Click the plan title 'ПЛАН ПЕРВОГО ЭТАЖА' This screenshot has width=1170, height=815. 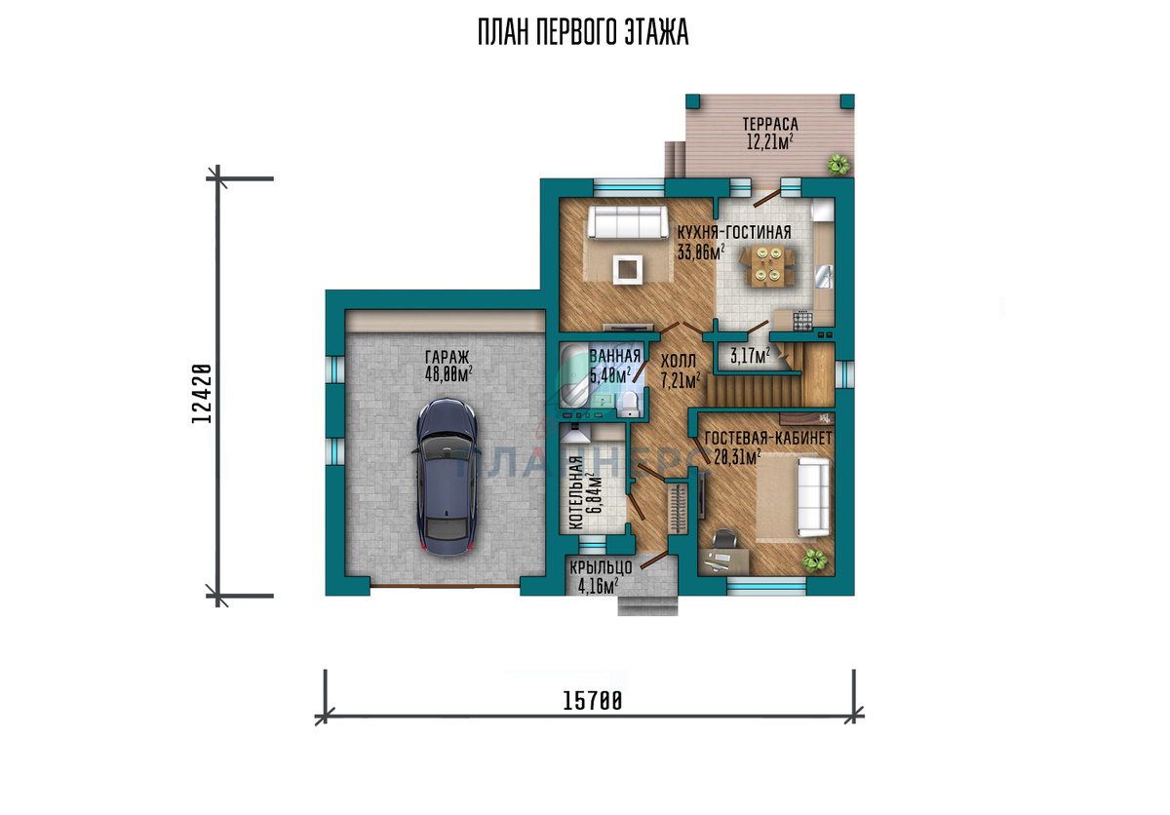pos(583,32)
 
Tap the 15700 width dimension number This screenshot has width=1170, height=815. pos(593,701)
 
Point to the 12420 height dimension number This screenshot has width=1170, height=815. pos(202,394)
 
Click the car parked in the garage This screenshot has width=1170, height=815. pos(448,476)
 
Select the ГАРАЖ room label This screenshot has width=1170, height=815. pos(448,357)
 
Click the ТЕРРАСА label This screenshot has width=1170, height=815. pos(770,124)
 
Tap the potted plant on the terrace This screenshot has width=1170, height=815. pos(838,165)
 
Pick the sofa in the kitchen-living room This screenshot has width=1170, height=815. pos(628,222)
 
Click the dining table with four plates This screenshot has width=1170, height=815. pos(766,267)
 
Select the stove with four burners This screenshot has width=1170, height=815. pos(802,321)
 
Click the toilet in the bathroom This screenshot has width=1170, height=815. pos(630,405)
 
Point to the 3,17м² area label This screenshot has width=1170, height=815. pos(750,356)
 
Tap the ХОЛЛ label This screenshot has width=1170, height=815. pos(678,362)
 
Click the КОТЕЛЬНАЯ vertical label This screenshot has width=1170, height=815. pos(575,493)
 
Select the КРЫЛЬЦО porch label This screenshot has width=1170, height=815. pos(601,567)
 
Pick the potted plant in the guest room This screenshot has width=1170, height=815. pos(814,561)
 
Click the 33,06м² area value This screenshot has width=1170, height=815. pos(701,252)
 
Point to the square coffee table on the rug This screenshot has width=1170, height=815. pos(628,269)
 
